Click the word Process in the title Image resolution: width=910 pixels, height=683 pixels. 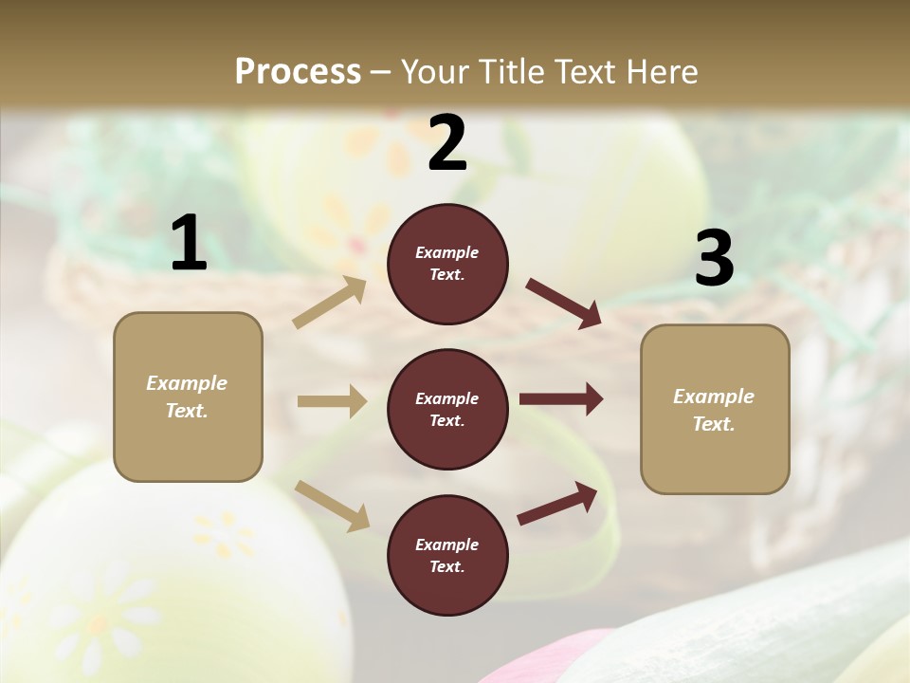coord(298,71)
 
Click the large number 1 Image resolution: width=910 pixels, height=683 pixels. coord(189,243)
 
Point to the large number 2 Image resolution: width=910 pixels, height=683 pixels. coord(447,143)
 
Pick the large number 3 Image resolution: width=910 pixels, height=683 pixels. coord(714,259)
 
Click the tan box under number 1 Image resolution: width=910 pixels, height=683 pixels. coord(188,397)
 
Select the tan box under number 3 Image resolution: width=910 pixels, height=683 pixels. coord(715,409)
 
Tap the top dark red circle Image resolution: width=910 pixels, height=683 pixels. coord(447,264)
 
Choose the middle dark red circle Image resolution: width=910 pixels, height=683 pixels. coord(447,409)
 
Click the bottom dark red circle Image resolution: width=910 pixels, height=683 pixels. coord(447,555)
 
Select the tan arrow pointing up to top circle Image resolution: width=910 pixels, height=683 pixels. coord(330,303)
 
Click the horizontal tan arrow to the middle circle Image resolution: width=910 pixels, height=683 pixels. coord(332,401)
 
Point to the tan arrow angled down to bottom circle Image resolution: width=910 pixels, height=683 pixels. coord(332,506)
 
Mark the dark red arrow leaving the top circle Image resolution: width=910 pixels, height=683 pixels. coord(563,303)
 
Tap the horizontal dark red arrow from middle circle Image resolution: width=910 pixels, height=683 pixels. coord(561,399)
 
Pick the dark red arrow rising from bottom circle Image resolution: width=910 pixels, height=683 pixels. coord(558,503)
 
